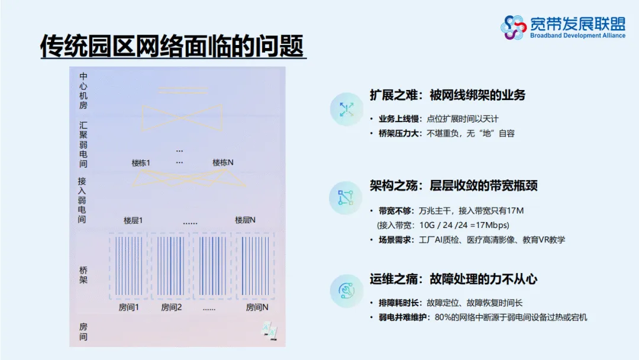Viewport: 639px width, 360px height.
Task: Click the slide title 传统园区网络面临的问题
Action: [x=172, y=46]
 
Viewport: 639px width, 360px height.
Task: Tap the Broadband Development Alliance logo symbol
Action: [x=514, y=27]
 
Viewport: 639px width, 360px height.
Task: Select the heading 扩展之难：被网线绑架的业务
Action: [x=447, y=95]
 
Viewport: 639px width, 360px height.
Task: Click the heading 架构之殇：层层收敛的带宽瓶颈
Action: [x=454, y=186]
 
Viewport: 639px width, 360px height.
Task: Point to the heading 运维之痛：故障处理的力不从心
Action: [x=454, y=279]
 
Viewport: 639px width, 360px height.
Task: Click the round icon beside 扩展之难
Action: [x=346, y=109]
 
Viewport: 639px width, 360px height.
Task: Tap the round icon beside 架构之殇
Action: [x=346, y=198]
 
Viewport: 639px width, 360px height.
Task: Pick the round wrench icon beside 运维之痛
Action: [x=346, y=290]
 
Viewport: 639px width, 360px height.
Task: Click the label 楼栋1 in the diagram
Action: [x=141, y=162]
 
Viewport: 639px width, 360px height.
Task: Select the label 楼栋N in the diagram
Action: [x=223, y=162]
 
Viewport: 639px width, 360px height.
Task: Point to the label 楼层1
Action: [x=133, y=220]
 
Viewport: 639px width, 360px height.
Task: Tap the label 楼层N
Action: [x=245, y=220]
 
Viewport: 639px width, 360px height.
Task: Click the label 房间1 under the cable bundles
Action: [x=128, y=307]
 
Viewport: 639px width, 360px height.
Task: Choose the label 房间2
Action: [x=171, y=307]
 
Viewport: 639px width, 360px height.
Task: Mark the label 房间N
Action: [x=257, y=307]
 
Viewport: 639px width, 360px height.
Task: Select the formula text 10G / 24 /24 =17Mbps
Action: [x=464, y=225]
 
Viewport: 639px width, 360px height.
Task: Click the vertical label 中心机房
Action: [x=83, y=91]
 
